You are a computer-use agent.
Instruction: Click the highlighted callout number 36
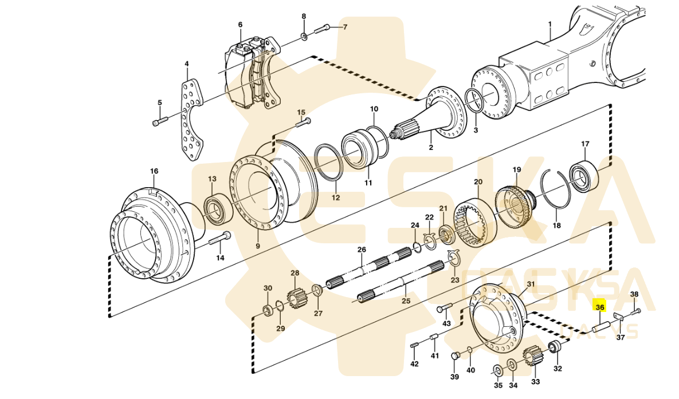600,307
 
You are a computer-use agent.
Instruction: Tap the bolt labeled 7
323,27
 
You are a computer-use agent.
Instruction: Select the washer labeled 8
304,38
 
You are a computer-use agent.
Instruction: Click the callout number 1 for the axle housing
550,24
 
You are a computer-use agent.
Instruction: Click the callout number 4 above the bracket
186,64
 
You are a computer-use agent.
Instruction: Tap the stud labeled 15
303,121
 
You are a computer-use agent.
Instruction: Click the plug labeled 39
456,357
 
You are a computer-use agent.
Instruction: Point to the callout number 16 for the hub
154,171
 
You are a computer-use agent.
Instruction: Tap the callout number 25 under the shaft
405,301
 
